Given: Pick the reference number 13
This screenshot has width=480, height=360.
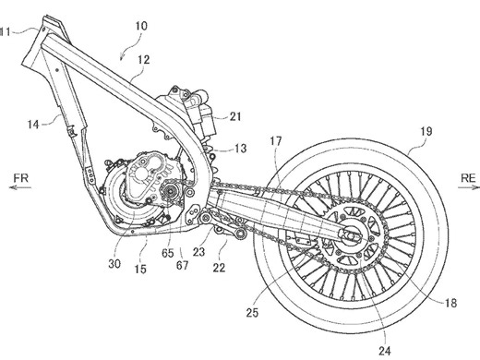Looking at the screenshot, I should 240,148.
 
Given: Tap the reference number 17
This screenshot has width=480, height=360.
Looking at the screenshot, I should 276,141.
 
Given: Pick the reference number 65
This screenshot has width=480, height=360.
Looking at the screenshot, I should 167,250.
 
